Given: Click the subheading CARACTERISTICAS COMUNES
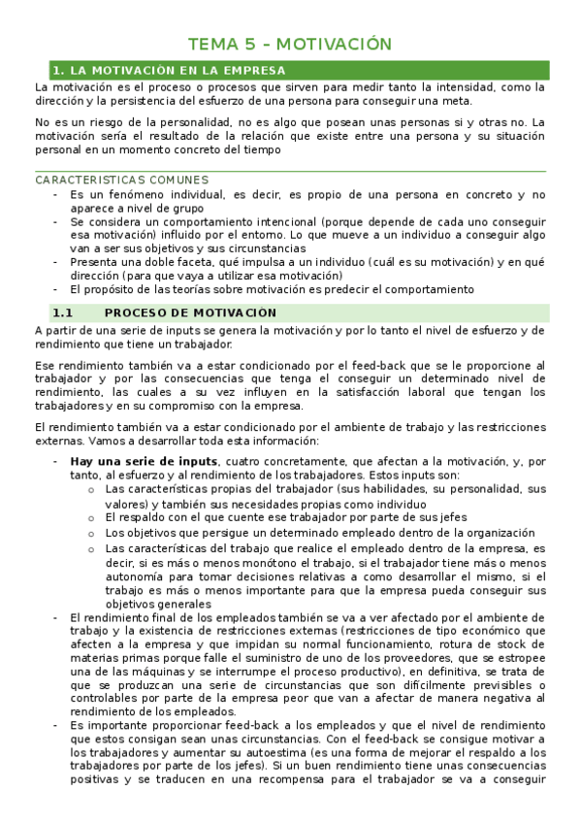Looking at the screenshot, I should [121, 181].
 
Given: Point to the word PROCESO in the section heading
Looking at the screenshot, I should [136, 313].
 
